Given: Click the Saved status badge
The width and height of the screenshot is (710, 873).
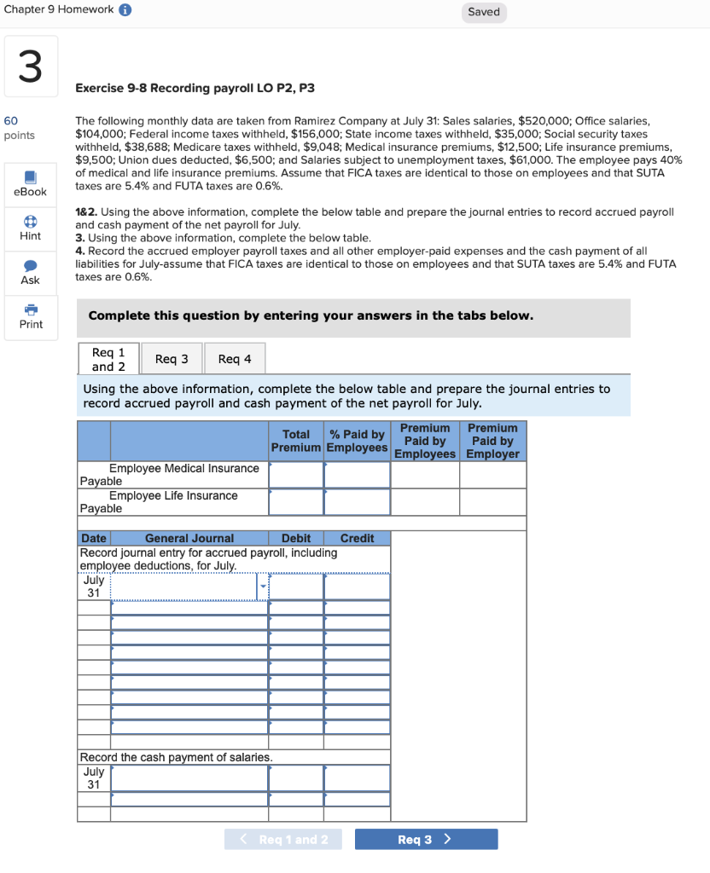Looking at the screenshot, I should point(484,12).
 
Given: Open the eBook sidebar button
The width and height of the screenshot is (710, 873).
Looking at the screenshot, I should point(31,183).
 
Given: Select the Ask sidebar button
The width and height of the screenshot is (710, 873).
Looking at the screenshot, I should point(31,272).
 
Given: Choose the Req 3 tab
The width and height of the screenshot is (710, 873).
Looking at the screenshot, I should point(172,359).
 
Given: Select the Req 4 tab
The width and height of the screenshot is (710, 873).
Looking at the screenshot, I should point(235,359).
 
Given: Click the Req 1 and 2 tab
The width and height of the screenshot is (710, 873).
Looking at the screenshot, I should point(108,359).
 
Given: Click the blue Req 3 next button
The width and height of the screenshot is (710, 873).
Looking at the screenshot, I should point(426,840).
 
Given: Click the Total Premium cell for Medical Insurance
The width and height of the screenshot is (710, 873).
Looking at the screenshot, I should point(295,475).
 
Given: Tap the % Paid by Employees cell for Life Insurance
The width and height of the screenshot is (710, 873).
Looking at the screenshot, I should point(357,502).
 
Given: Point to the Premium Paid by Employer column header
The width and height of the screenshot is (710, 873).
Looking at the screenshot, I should point(492,441).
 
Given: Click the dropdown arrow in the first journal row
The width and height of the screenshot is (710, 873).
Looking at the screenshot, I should point(263,587).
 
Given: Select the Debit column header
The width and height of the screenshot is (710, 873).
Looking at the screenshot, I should point(295,538).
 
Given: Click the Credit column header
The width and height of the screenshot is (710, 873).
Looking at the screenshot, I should point(357,538).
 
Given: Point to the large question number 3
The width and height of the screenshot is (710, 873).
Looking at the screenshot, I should point(30,66).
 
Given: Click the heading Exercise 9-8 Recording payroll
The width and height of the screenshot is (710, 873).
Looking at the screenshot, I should point(195,88).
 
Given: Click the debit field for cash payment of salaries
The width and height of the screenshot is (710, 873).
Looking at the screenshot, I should point(295,778).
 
